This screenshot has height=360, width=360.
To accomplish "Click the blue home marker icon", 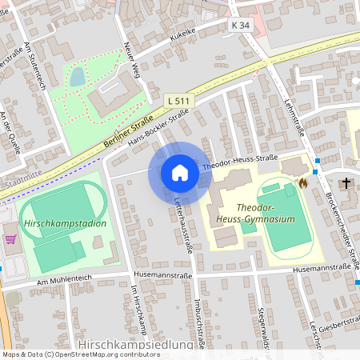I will click(x=180, y=173).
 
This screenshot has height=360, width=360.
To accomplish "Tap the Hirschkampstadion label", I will click(x=66, y=223).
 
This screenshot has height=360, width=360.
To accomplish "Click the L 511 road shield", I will click(x=179, y=100).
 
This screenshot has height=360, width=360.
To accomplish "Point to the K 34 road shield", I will click(x=240, y=26).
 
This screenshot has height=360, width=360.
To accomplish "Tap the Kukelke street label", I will click(x=183, y=32).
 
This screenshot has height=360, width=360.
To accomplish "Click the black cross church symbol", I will click(x=346, y=183).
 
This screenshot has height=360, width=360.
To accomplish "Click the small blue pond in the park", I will click(x=77, y=77).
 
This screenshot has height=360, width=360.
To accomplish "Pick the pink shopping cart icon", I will click(x=10, y=238).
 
